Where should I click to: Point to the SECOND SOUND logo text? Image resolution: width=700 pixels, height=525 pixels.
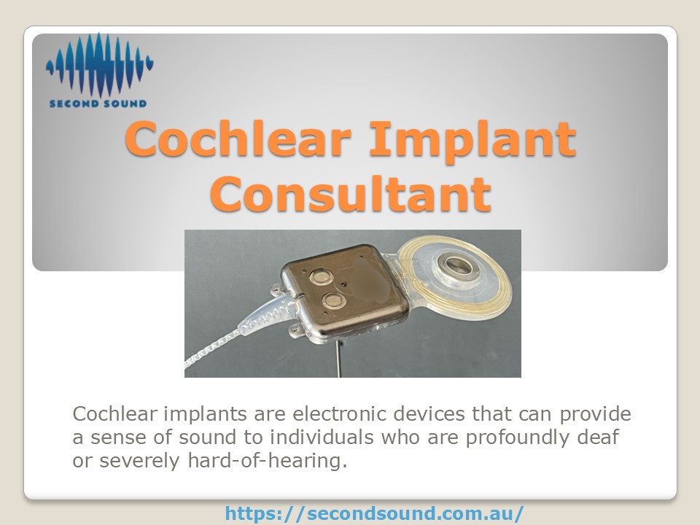pos(98,104)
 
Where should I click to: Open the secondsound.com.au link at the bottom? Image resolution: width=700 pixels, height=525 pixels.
pos(373,513)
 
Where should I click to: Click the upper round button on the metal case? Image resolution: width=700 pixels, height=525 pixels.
pos(319,276)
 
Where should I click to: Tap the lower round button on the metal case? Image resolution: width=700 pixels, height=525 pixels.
pos(334,300)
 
